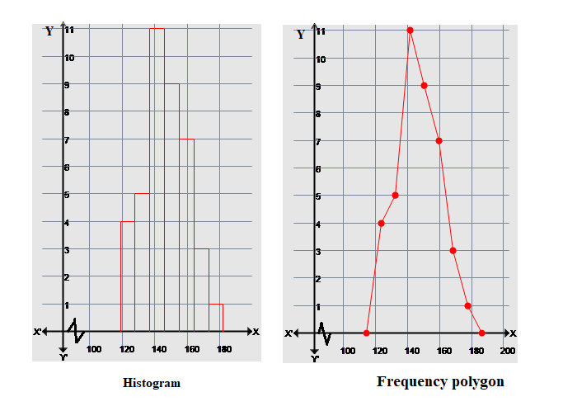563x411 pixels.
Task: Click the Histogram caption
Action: pos(151,383)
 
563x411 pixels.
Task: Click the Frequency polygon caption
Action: pos(440,382)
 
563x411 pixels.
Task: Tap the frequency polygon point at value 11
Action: pos(410,30)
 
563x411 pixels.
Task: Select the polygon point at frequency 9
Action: pos(424,85)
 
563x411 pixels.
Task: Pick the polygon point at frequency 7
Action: pos(439,140)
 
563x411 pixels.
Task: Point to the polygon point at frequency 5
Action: pos(395,195)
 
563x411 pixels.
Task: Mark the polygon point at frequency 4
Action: pos(381,223)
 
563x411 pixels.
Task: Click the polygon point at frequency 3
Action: pos(453,251)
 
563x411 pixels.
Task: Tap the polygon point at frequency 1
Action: pos(467,306)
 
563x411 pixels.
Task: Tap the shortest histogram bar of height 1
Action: pos(216,319)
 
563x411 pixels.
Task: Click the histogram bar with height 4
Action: pos(128,276)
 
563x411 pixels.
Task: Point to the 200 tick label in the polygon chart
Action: pos(507,351)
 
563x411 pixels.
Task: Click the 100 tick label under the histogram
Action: pos(93,349)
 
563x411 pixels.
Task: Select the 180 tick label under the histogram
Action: pos(223,349)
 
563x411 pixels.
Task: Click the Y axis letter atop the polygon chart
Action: pos(301,35)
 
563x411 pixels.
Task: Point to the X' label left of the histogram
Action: pos(38,333)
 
